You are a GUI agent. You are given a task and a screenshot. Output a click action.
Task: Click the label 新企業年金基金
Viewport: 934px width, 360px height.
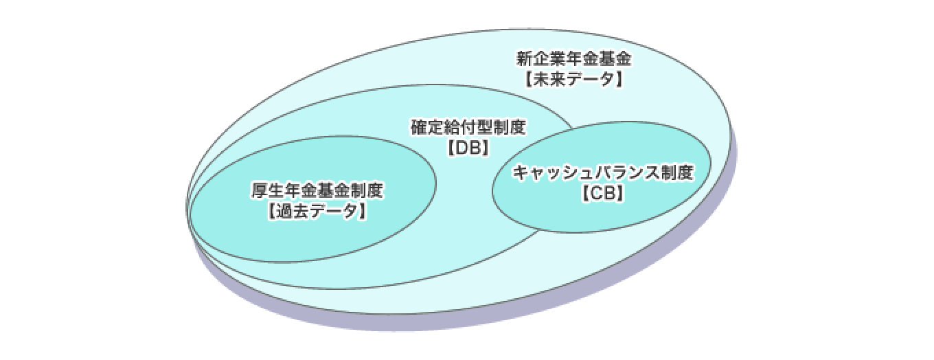click(573, 59)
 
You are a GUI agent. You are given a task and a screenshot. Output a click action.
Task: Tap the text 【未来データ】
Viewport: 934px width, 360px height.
click(573, 79)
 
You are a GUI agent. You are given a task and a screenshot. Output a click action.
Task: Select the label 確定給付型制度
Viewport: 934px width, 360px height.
click(468, 127)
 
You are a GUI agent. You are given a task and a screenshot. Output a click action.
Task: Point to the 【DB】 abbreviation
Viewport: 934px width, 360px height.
click(468, 148)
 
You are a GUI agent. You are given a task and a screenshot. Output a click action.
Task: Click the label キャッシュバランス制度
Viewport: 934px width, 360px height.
click(604, 172)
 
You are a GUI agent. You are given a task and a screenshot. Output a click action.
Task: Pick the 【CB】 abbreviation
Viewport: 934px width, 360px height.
click(604, 193)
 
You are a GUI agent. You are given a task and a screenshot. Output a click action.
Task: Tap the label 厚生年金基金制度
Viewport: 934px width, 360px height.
click(317, 190)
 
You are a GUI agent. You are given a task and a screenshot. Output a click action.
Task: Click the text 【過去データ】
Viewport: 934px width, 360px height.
click(317, 211)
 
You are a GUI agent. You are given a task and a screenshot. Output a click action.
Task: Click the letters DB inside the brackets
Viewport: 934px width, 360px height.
click(468, 148)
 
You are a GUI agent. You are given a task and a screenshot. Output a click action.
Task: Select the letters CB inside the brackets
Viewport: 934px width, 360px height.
click(604, 193)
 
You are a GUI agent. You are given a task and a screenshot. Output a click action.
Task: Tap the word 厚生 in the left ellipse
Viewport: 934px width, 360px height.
click(268, 190)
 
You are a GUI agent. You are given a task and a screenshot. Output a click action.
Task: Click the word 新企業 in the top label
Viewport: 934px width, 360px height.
click(540, 59)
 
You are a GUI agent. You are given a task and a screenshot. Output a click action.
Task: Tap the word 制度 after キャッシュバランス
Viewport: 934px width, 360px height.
click(678, 172)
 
